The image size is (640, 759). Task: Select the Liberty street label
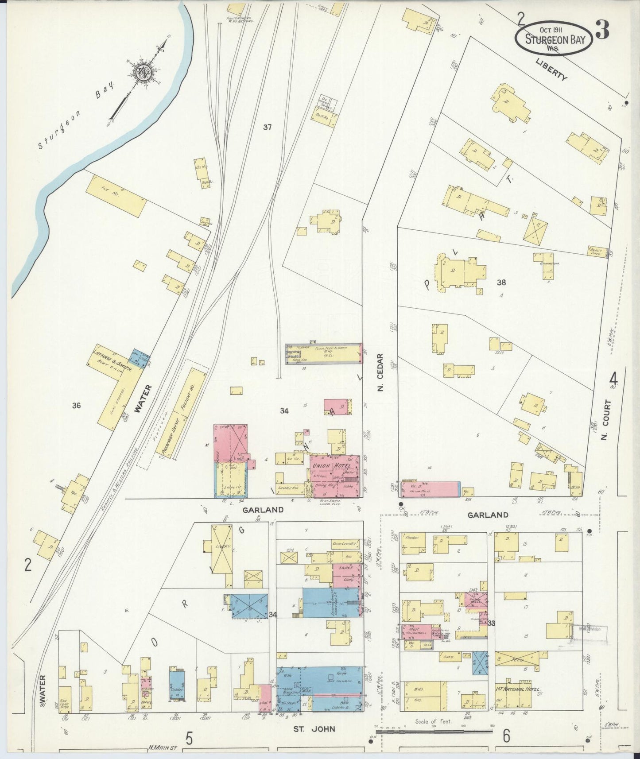click(551, 70)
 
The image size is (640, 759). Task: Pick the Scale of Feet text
click(434, 721)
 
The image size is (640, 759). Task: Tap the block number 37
click(267, 127)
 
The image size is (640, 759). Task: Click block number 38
click(501, 282)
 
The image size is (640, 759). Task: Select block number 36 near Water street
click(76, 405)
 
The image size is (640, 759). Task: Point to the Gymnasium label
click(550, 263)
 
